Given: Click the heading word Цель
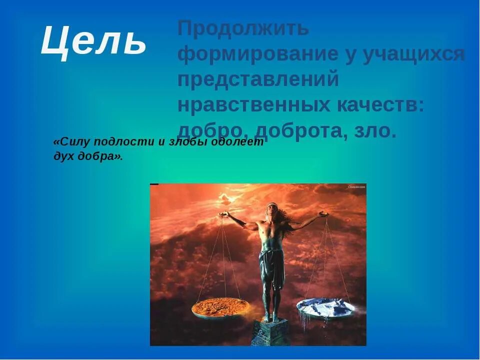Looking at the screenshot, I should pos(93,40).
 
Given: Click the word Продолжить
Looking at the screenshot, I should pos(243,28).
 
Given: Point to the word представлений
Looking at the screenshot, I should pos(258,80).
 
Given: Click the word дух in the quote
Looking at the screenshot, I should pos(63,156).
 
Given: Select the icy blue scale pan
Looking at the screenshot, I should pos(325,307).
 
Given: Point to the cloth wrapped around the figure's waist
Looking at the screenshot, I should pos(271,262).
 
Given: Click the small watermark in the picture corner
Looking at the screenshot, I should pos(356,186).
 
